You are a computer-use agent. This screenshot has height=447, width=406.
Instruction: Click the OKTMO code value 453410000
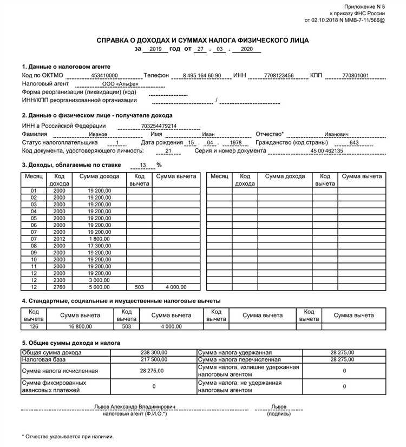104,75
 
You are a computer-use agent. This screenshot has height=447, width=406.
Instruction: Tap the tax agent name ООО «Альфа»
120,84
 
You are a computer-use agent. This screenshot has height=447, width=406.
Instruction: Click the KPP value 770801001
355,75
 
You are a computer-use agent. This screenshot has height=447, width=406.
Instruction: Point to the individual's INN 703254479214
159,126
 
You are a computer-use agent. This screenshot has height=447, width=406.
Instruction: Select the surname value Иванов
98,134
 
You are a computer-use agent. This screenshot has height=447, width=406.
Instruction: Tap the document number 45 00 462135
326,151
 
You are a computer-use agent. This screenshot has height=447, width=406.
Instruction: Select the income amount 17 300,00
99,245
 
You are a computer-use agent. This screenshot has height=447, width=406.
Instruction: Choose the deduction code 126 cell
34,326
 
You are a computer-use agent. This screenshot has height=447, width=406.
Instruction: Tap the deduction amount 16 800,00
80,326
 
